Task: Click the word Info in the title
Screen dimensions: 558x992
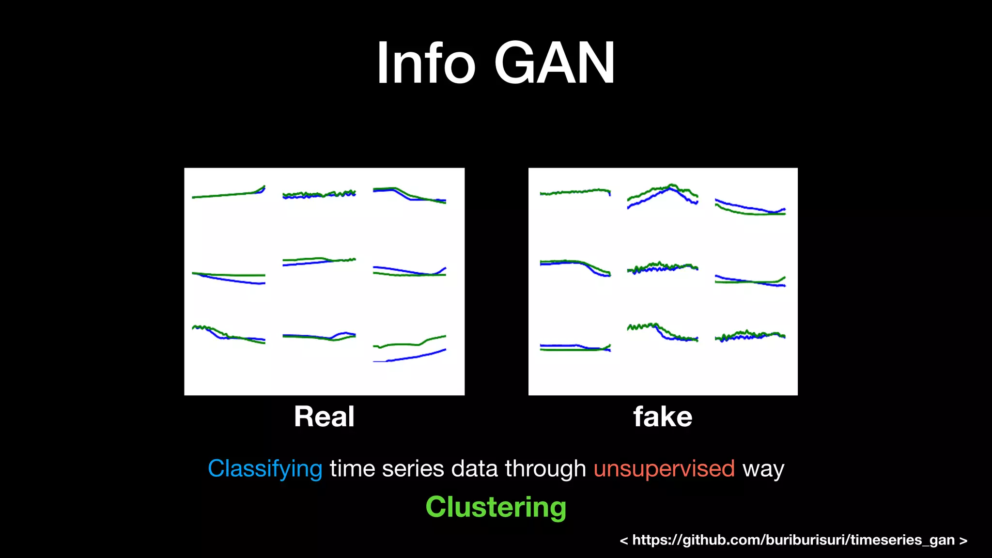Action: click(426, 63)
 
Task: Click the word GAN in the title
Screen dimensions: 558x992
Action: click(554, 63)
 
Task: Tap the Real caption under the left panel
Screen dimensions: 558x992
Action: click(324, 417)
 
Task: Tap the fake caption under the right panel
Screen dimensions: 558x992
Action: click(663, 417)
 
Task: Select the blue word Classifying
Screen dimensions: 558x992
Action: click(265, 469)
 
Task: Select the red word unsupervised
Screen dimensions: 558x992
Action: click(664, 469)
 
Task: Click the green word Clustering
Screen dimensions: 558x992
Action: click(496, 507)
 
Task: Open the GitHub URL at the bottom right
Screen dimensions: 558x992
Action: click(793, 540)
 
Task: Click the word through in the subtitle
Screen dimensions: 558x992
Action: click(545, 469)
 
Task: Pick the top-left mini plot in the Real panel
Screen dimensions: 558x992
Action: click(229, 193)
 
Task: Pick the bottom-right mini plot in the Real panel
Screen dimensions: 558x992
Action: click(409, 348)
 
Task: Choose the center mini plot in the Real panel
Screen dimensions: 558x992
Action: click(319, 262)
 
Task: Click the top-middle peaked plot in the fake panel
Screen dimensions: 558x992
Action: click(663, 196)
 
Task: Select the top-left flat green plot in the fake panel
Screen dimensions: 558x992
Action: click(575, 192)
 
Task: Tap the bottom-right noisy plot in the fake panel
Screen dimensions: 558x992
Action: click(750, 336)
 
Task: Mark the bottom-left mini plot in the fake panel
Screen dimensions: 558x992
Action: click(575, 347)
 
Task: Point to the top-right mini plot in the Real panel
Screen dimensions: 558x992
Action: click(409, 194)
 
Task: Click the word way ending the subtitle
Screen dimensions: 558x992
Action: click(763, 469)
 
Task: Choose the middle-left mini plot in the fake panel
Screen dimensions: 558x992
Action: click(575, 267)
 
